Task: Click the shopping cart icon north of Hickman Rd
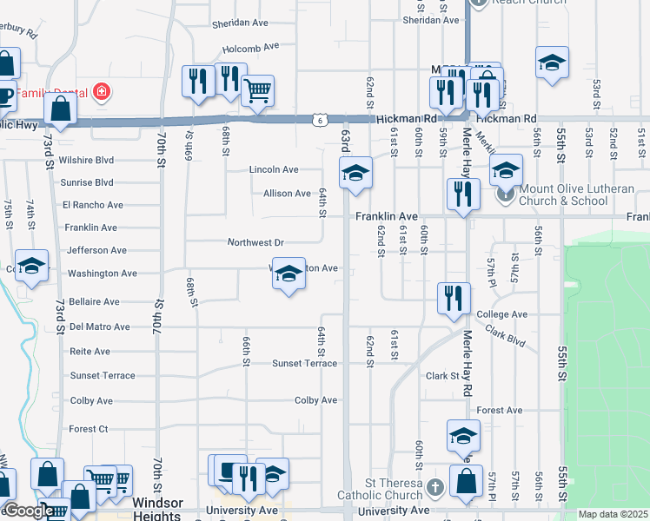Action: [257, 89]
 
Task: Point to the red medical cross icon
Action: [102, 90]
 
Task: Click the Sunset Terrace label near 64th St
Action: [304, 364]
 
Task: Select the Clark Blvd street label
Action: [506, 335]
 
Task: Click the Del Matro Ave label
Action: [100, 327]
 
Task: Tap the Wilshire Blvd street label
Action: [86, 161]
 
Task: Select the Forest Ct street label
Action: [89, 429]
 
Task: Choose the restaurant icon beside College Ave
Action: [454, 298]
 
